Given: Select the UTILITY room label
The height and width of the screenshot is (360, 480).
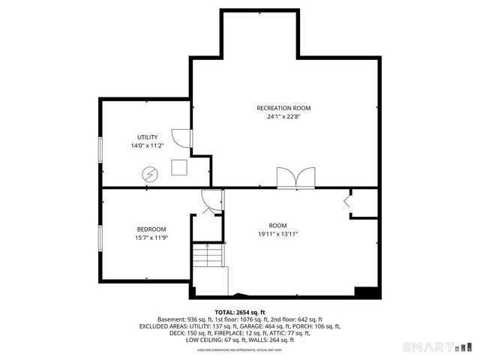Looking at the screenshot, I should coord(147,137).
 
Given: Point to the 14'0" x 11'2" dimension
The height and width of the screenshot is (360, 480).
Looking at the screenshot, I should coord(147,146).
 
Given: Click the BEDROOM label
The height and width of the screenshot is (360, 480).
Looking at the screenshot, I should coord(151,229).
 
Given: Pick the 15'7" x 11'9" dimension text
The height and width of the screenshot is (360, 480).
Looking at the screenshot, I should coord(151,238).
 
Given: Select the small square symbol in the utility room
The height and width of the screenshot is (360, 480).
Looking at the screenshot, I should coord(180,167).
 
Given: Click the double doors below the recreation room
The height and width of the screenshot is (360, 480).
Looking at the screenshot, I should coord(296,178).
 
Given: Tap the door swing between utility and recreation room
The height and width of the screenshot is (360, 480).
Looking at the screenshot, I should coord(183,138).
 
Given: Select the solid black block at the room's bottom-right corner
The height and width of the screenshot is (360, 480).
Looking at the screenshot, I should coord(365,292).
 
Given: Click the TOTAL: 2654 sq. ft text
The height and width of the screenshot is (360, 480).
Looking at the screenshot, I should coord(240,312).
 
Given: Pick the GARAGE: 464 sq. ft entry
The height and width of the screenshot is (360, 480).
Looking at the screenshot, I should coord(267,326).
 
